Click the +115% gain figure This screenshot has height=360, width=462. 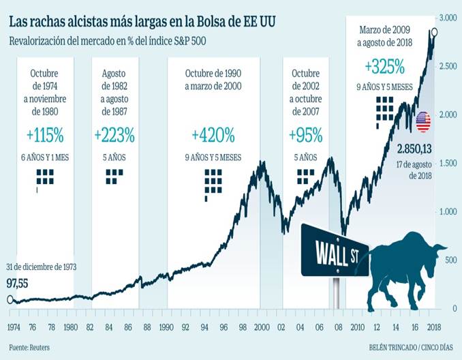[42, 134]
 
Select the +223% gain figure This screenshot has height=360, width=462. [114, 134]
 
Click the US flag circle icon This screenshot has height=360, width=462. [423, 121]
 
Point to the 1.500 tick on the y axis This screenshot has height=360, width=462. [447, 164]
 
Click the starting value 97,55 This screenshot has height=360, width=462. [19, 282]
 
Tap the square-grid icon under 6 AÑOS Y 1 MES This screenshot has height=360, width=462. [45, 179]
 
